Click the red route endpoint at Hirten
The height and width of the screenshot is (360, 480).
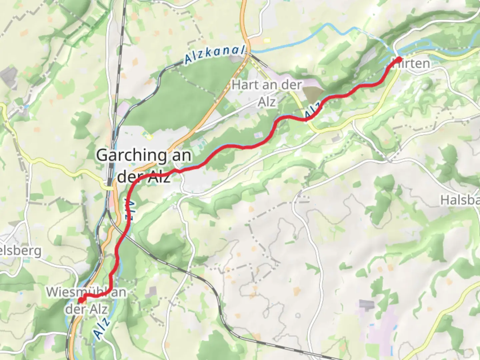[399, 59]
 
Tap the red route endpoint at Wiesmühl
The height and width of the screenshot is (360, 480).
[80, 300]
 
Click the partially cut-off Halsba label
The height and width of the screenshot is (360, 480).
[460, 200]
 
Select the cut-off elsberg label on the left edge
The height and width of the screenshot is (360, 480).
[21, 251]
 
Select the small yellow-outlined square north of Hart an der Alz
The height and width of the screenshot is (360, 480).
[266, 40]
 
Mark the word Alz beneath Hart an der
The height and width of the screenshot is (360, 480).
[267, 101]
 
